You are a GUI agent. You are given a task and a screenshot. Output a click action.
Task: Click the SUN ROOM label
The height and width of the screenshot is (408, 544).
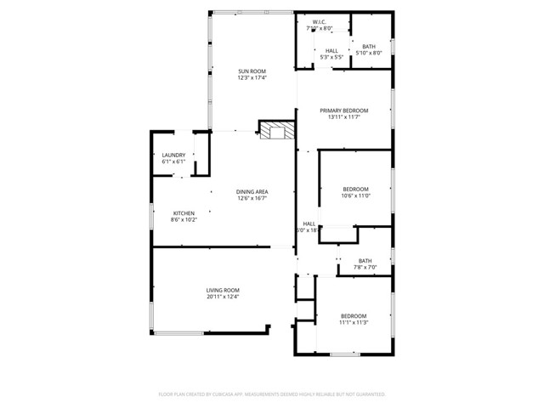pos(252,71)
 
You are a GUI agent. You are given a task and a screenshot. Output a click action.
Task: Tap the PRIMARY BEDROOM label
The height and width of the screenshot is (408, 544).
pos(344,110)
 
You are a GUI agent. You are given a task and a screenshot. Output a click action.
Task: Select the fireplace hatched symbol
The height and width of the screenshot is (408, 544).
pos(275,130)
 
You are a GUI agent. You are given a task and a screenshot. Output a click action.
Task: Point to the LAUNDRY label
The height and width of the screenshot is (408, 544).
pos(173,155)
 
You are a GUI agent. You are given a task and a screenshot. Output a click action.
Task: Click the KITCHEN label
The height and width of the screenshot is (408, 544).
pos(184,212)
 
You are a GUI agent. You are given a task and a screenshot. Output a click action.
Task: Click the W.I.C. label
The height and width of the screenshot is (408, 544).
pos(320,22)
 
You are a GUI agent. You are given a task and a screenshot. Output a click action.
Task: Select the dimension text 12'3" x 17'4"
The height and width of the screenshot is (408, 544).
pos(252,78)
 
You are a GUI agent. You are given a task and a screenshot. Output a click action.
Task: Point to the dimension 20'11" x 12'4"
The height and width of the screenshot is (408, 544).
pos(223,297)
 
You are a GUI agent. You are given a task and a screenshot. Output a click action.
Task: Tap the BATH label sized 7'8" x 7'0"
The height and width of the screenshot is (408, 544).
pos(365,261)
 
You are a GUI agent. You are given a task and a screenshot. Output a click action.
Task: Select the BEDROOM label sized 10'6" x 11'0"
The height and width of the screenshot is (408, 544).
pos(355,189)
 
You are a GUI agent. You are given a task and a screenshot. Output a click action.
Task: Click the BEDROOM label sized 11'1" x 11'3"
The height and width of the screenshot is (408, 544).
pos(353,315)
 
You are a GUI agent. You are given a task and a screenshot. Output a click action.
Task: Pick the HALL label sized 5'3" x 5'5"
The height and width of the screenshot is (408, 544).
pos(331,50)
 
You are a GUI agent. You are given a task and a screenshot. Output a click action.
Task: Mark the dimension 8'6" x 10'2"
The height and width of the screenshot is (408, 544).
pos(184,220)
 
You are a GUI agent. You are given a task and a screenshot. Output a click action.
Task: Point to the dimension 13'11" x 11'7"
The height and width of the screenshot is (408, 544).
pos(344,118)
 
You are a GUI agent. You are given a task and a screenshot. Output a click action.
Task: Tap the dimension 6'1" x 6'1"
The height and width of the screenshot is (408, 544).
pos(173,161)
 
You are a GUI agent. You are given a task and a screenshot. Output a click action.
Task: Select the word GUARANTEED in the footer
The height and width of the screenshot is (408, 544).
pos(369,394)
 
